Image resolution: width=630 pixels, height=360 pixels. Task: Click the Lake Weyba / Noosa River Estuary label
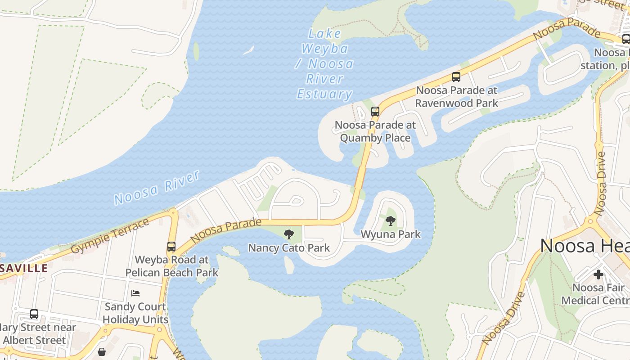click(x=325, y=64)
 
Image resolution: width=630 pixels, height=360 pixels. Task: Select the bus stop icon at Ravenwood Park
click(x=456, y=77)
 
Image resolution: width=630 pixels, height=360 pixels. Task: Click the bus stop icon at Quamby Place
click(x=375, y=112)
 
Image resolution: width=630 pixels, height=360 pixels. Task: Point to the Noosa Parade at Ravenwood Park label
click(x=456, y=97)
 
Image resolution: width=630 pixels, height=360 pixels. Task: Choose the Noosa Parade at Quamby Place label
click(x=375, y=131)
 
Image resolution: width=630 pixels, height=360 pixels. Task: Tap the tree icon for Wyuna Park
click(x=391, y=220)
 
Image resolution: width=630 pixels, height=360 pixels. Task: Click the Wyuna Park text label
click(x=391, y=234)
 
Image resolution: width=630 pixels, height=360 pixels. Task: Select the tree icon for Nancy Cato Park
click(x=289, y=234)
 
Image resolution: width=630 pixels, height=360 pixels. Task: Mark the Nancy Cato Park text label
click(x=289, y=247)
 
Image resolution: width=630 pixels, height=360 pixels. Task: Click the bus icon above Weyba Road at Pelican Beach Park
click(x=171, y=247)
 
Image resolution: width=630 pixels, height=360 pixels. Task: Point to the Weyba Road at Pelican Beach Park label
click(x=172, y=266)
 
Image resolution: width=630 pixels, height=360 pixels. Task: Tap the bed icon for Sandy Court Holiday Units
click(x=135, y=293)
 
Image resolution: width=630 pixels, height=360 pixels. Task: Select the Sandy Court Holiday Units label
click(x=135, y=313)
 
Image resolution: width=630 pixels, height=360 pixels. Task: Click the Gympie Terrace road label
click(x=110, y=236)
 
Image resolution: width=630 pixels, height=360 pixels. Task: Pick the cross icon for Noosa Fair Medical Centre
click(x=598, y=274)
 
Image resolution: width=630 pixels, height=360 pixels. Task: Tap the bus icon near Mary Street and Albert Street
click(x=34, y=314)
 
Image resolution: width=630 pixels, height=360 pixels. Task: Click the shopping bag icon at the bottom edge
click(x=102, y=352)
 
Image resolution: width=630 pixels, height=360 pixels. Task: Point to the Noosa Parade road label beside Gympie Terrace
click(x=226, y=230)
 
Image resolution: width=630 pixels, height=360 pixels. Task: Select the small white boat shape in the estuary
click(x=248, y=50)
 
